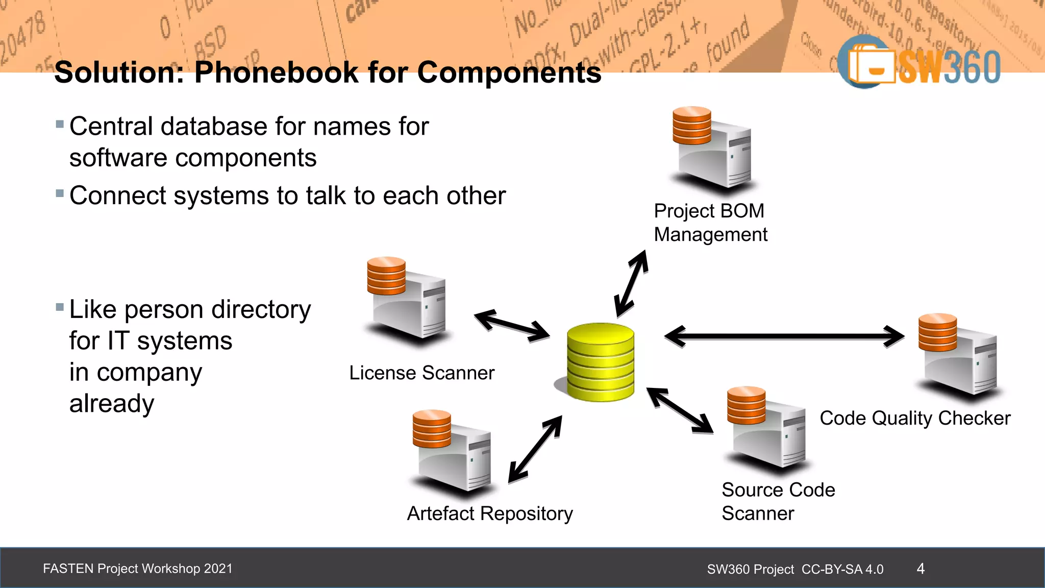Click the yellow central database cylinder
(601, 362)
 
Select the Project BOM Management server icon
(712, 148)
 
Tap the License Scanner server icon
(407, 299)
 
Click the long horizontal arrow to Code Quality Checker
(784, 336)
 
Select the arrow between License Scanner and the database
(512, 325)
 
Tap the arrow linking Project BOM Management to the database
(632, 284)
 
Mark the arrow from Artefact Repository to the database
(535, 449)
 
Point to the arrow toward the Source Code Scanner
(680, 410)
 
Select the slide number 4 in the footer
(920, 569)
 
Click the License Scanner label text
(421, 373)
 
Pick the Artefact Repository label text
(490, 513)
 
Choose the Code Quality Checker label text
(915, 418)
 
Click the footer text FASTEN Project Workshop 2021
(138, 569)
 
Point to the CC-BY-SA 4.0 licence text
(842, 569)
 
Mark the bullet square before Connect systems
(60, 193)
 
